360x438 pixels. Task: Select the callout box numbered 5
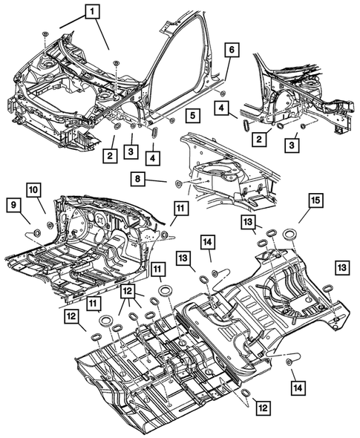coord(192,116)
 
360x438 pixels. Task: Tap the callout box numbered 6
coord(232,50)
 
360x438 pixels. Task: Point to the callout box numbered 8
coord(138,178)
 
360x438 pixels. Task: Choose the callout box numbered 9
coord(14,203)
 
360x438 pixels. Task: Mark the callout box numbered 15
coord(315,202)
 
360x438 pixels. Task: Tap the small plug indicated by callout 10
coord(49,224)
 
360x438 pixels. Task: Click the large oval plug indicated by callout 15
coord(289,235)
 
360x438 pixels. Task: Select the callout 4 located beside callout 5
coord(151,158)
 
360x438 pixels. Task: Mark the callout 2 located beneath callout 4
coord(258,139)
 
